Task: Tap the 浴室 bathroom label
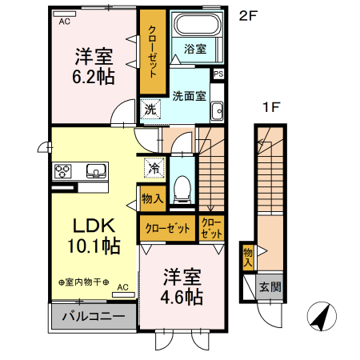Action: coord(194,49)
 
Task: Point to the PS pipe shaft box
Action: coord(218,74)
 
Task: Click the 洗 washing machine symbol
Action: coord(150,110)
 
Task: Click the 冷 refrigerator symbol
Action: coord(153,169)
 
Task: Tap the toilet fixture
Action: coord(182,186)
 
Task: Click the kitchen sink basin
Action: coord(96,170)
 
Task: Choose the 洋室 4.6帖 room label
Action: coord(181,286)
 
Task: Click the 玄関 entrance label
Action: coord(270,286)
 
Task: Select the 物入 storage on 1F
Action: coord(247,256)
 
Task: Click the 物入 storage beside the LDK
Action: coord(152,198)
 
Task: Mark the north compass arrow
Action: coord(322,317)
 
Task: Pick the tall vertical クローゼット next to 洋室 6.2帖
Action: coord(151,51)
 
